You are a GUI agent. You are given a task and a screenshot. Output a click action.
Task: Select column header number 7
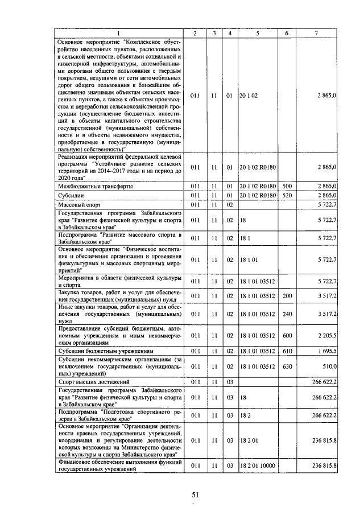[316, 33]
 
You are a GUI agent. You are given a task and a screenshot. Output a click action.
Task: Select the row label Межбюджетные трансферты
[94, 186]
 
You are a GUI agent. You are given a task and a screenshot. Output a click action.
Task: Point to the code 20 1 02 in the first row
[249, 96]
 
